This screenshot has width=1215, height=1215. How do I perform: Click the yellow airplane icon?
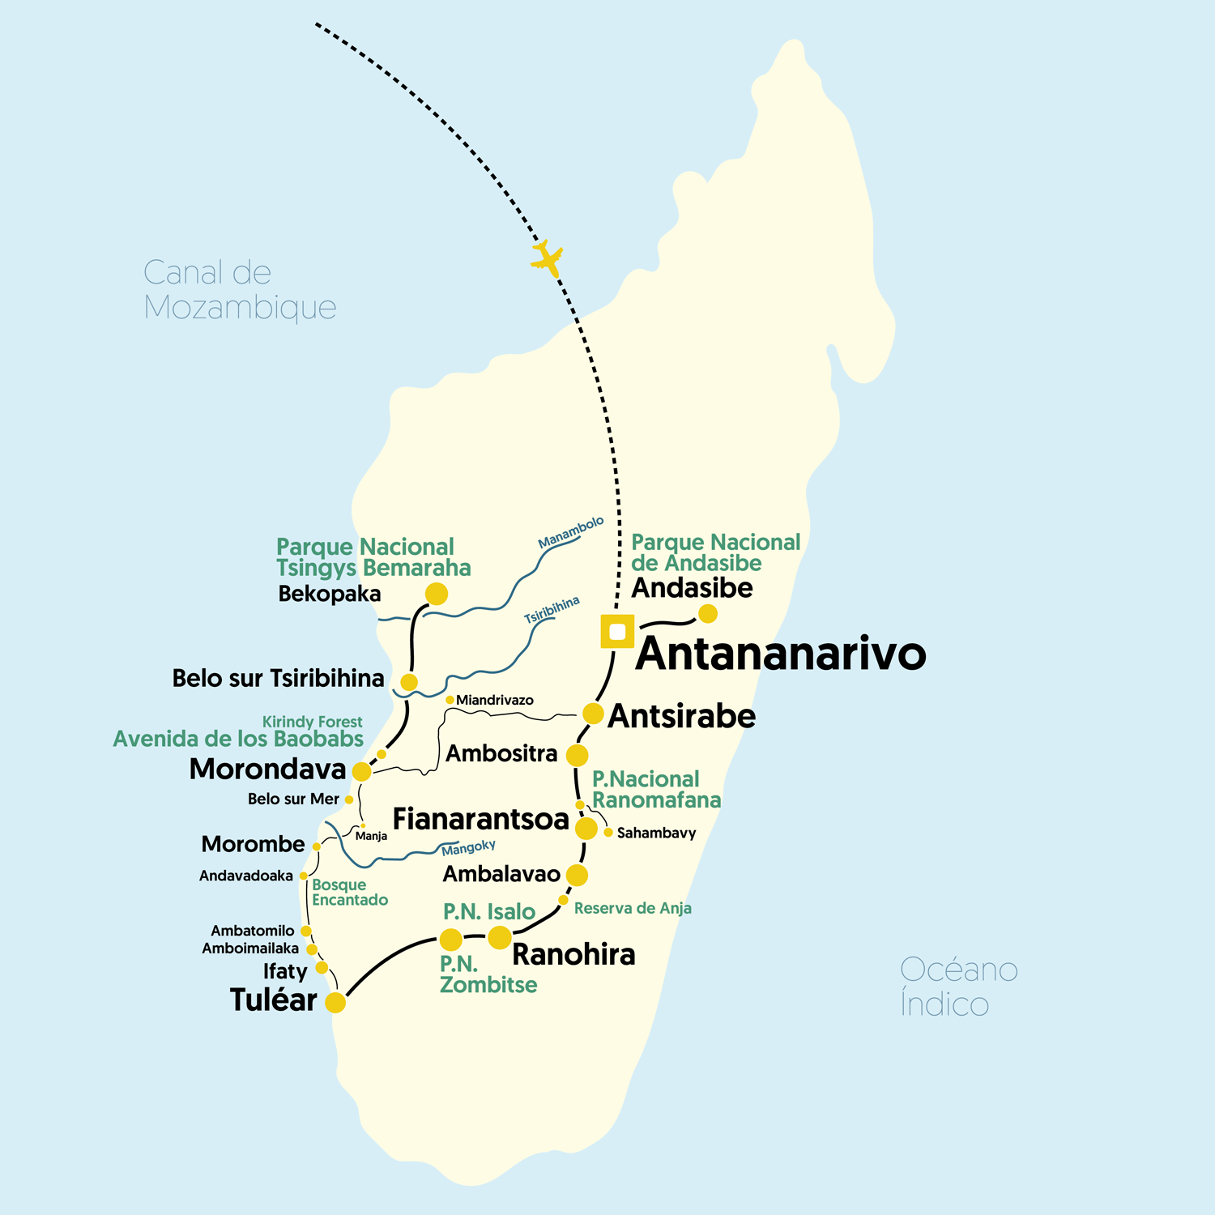click(548, 258)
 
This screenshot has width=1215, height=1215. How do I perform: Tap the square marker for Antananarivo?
click(617, 631)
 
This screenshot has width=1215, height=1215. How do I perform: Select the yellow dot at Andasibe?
click(708, 613)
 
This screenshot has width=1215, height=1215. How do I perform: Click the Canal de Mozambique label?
click(239, 290)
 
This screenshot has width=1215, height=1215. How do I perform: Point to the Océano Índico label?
click(958, 987)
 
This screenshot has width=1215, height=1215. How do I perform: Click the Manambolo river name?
click(571, 532)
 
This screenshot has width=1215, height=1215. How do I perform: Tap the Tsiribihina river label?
click(552, 610)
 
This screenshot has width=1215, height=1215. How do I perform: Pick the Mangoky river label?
click(468, 847)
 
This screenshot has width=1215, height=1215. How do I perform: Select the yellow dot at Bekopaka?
click(437, 594)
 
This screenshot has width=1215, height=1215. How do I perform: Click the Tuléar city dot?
click(335, 1002)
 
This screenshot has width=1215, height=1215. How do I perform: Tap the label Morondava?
click(267, 769)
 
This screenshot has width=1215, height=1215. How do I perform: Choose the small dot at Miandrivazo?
click(450, 700)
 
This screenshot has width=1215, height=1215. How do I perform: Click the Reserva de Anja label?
click(633, 908)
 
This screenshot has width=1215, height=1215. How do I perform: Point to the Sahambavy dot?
click(608, 832)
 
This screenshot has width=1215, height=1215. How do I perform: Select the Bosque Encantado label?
click(349, 892)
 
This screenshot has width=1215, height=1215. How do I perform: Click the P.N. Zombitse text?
click(488, 974)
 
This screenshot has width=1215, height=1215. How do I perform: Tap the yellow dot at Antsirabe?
click(593, 713)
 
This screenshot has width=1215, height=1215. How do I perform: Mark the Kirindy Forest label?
click(312, 721)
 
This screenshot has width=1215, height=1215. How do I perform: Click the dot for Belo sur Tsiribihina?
click(409, 682)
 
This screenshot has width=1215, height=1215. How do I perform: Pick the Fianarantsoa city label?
click(481, 819)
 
